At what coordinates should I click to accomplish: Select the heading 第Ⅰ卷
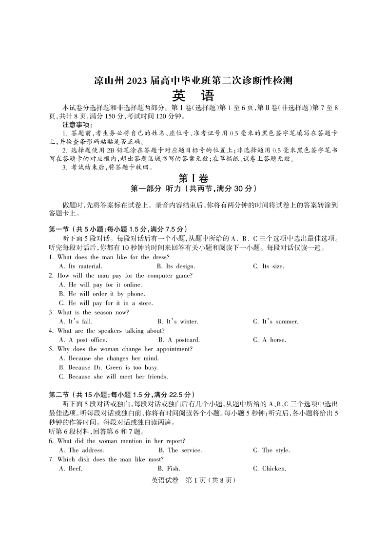click(193, 178)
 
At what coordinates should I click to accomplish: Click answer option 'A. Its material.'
click(80, 266)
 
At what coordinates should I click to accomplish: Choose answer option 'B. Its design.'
click(176, 266)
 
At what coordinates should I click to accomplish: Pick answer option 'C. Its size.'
click(268, 266)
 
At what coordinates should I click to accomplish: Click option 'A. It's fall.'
click(76, 321)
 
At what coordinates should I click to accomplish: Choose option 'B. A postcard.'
click(179, 340)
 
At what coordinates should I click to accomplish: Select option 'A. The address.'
click(81, 450)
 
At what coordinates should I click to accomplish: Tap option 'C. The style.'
click(271, 450)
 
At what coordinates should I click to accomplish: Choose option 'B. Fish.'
click(169, 469)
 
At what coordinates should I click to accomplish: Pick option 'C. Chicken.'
click(269, 469)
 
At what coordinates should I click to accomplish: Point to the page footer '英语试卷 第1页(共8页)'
click(193, 481)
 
